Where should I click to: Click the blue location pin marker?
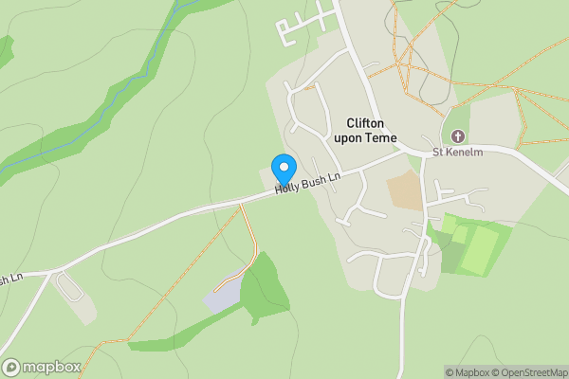pyautogui.click(x=283, y=169)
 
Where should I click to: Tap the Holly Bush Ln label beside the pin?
pyautogui.click(x=307, y=181)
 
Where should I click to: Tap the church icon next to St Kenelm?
pyautogui.click(x=458, y=136)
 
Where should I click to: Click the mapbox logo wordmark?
pyautogui.click(x=47, y=367)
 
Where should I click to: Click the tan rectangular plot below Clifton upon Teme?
pyautogui.click(x=405, y=190)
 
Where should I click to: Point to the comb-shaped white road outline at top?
pyautogui.click(x=300, y=27)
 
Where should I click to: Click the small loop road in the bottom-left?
pyautogui.click(x=68, y=287)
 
